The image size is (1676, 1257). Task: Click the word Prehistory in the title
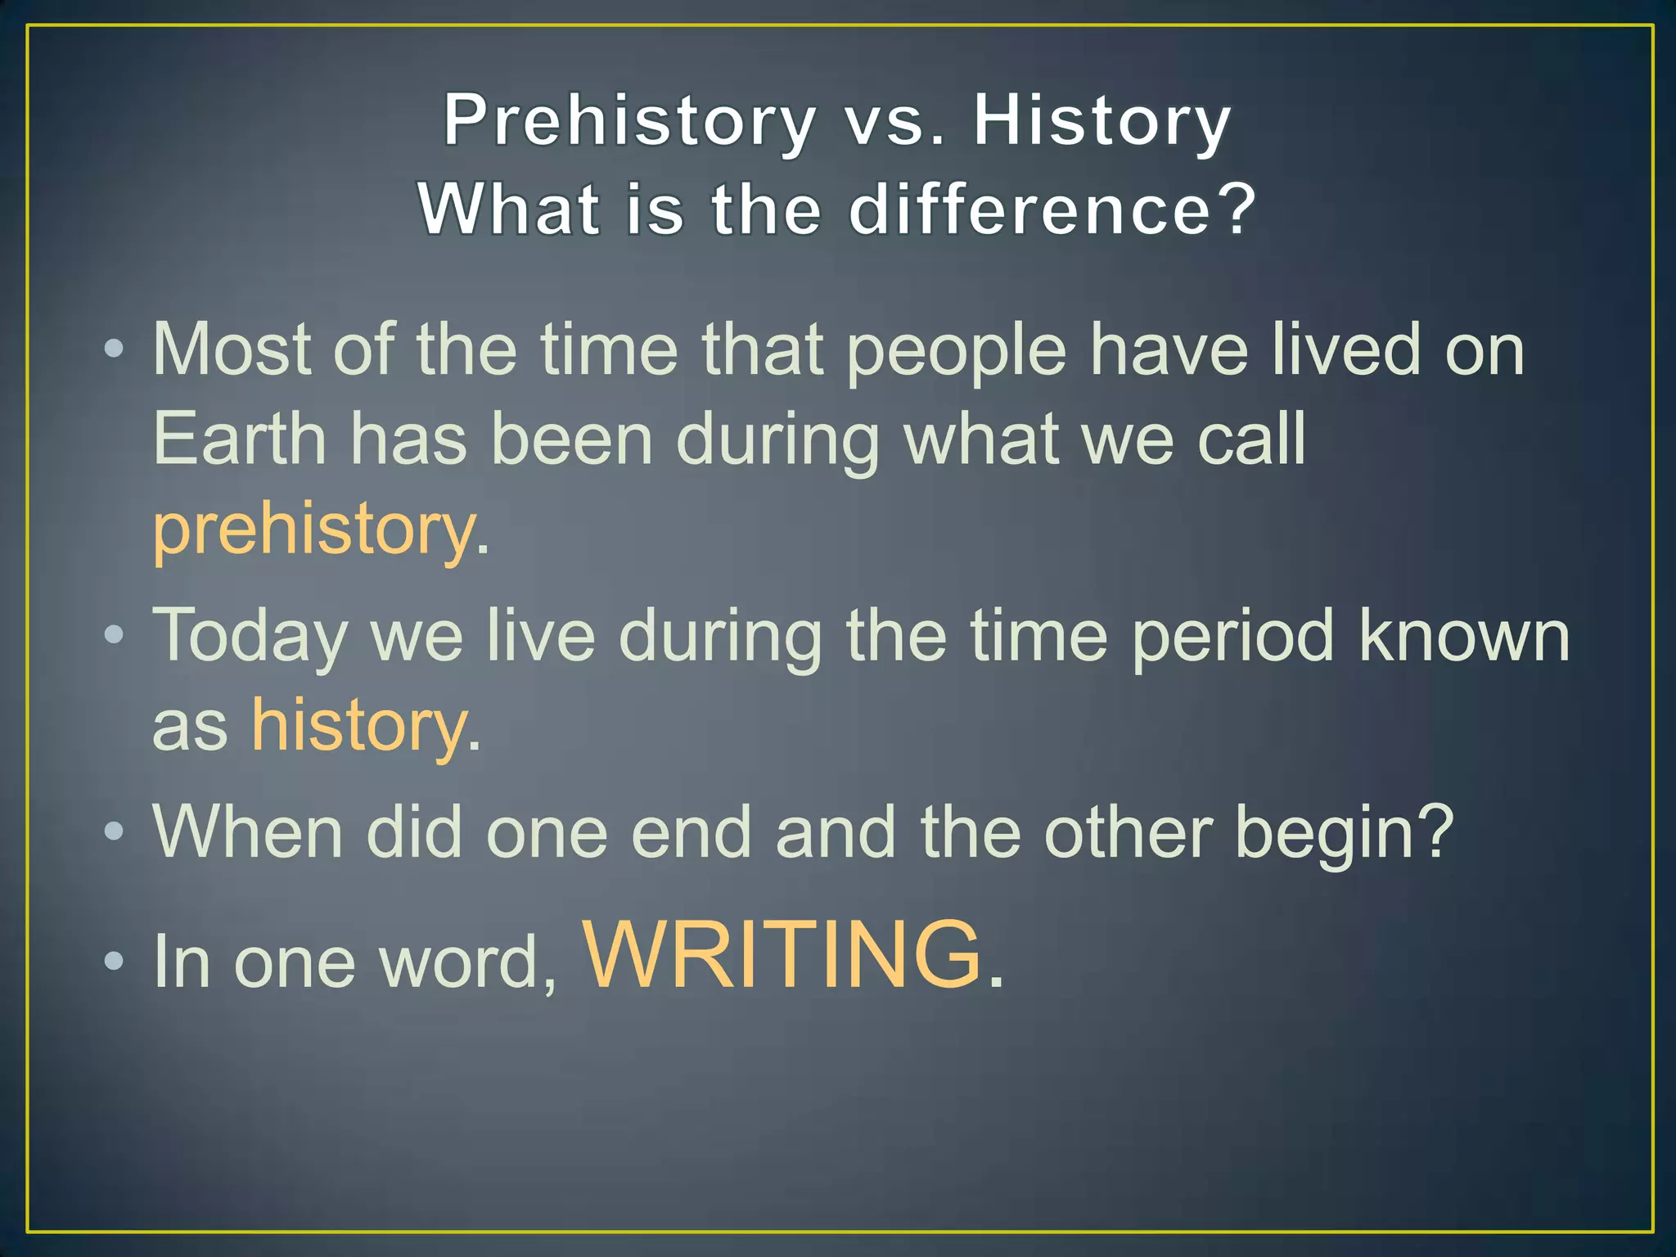click(628, 121)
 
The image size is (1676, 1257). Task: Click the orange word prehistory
click(313, 530)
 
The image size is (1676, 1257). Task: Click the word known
click(1463, 635)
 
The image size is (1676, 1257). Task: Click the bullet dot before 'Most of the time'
click(114, 350)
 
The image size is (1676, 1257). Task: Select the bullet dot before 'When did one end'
click(114, 831)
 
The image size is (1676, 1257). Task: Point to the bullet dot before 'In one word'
click(114, 959)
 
